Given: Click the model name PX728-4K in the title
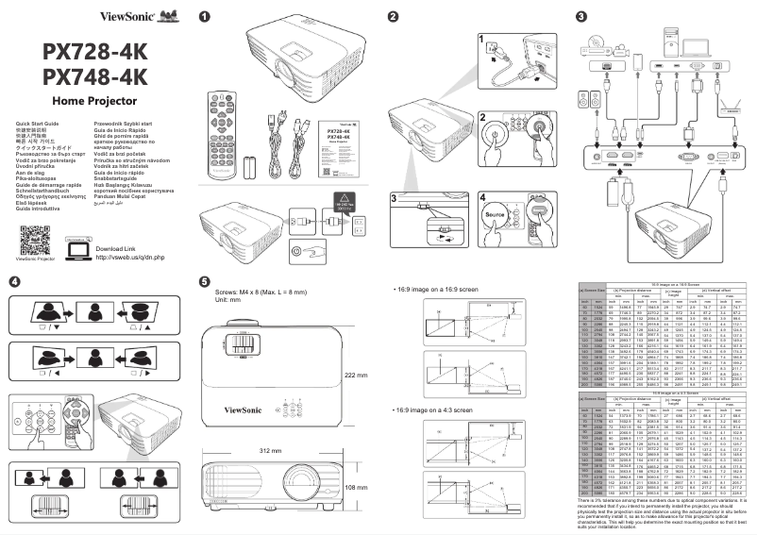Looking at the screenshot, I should click(x=94, y=51).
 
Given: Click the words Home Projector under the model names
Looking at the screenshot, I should click(x=95, y=100).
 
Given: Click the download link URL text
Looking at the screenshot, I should click(x=131, y=257).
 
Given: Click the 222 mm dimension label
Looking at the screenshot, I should click(x=355, y=376).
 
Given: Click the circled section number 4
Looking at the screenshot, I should click(x=14, y=281).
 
